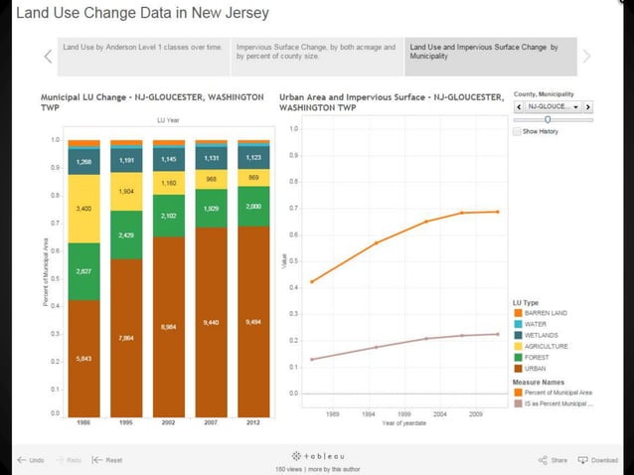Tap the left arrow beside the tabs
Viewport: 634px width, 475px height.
pyautogui.click(x=48, y=57)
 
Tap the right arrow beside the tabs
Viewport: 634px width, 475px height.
pyautogui.click(x=587, y=57)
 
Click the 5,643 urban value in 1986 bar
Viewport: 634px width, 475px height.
pyautogui.click(x=83, y=358)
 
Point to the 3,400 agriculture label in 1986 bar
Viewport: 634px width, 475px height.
pyautogui.click(x=83, y=210)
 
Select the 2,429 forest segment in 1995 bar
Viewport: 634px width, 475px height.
pyautogui.click(x=126, y=235)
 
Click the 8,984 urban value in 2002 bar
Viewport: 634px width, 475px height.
pyautogui.click(x=169, y=326)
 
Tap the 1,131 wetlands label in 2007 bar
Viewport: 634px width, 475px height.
pyautogui.click(x=211, y=157)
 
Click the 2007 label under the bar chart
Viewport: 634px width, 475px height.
pyautogui.click(x=211, y=421)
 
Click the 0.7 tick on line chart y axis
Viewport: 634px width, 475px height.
pyautogui.click(x=292, y=209)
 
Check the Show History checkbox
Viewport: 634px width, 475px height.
pyautogui.click(x=517, y=131)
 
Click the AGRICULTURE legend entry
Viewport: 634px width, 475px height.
pyautogui.click(x=546, y=346)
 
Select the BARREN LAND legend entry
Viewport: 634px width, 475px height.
pyautogui.click(x=546, y=313)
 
